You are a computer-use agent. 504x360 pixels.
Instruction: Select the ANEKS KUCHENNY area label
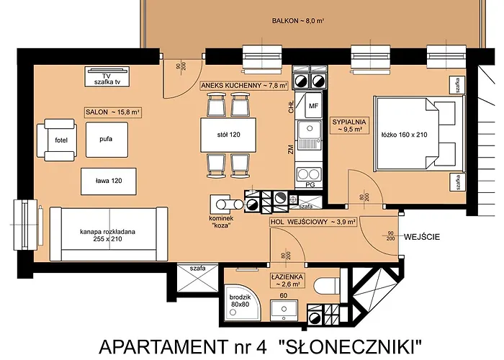tap(244, 86)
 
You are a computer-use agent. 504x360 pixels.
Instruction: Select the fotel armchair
tap(60, 139)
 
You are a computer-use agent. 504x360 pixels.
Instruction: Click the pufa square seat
tap(105, 139)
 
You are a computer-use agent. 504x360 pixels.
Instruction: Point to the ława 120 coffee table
tap(106, 181)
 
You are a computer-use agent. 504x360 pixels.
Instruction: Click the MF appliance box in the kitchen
tap(313, 107)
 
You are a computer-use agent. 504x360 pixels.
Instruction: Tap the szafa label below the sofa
tap(197, 269)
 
